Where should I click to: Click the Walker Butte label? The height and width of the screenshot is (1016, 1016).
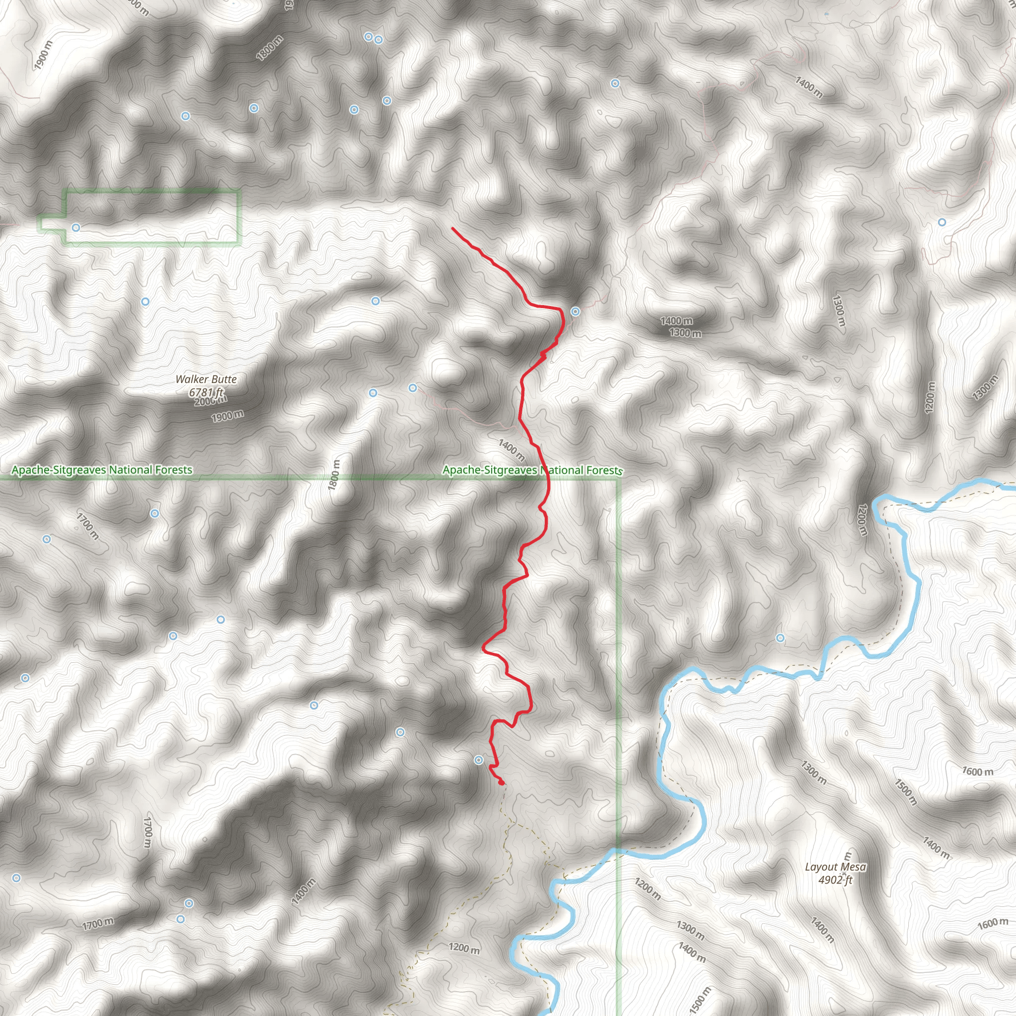pos(206,379)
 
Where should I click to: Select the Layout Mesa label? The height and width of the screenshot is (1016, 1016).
pos(835,867)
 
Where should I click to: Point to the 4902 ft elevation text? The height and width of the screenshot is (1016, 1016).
pos(835,880)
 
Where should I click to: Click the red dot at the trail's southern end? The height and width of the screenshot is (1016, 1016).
pos(501,783)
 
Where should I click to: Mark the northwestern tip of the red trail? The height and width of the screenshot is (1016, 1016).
pos(452,228)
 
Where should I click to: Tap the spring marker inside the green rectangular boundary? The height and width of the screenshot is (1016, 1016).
pos(76,228)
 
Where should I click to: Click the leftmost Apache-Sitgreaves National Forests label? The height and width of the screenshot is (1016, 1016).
pos(102,470)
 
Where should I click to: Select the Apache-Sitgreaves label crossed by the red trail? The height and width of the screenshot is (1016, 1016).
pos(532,470)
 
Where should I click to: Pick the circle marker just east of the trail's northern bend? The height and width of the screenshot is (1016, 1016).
pos(576,312)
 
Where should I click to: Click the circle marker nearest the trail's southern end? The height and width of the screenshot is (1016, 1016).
pos(479,760)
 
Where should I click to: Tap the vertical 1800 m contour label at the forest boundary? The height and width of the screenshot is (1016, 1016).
pos(334,475)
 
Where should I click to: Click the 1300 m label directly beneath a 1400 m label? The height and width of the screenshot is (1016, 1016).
pos(685,333)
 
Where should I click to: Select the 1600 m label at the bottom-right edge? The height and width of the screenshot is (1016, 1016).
pos(993,923)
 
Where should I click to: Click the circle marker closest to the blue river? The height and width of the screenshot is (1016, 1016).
pos(780,638)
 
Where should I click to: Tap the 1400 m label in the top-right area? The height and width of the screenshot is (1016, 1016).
pos(809,87)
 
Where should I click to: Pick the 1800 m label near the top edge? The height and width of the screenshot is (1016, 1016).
pos(270,48)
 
